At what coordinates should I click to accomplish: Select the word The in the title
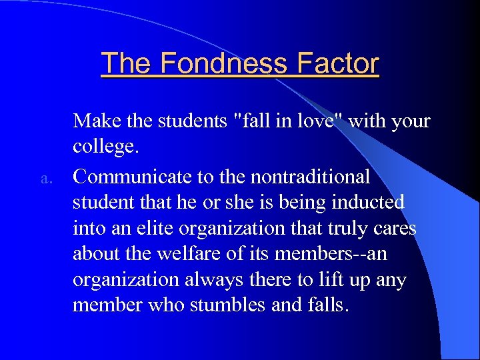click(x=127, y=64)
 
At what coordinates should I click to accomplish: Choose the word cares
click(x=396, y=229)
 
